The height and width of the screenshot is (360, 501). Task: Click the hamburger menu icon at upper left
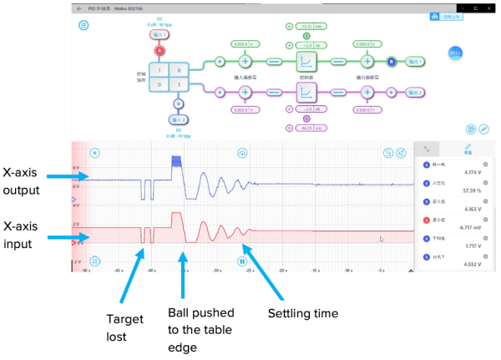click(x=83, y=25)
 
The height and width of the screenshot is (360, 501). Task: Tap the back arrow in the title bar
click(x=79, y=8)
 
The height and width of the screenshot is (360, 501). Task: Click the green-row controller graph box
click(x=306, y=61)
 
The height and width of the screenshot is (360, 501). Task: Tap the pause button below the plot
click(x=242, y=261)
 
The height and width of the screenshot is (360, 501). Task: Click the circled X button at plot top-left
click(x=95, y=153)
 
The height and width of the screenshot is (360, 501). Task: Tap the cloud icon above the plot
click(x=242, y=153)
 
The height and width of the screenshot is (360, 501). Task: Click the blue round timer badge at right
click(x=455, y=53)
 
